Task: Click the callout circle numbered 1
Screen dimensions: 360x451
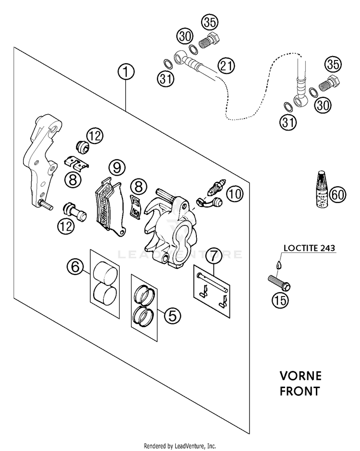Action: click(126, 72)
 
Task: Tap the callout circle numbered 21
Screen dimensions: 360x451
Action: click(226, 66)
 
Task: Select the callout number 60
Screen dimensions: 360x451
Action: click(337, 195)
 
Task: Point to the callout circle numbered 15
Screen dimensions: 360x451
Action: click(280, 300)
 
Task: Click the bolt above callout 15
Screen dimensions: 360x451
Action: click(279, 283)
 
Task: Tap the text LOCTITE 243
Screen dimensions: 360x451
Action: click(309, 248)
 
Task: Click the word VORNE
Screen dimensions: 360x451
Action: click(300, 376)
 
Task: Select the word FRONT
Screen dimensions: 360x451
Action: click(300, 391)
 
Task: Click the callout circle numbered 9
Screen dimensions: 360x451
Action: click(117, 167)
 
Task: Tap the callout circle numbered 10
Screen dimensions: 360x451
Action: click(235, 193)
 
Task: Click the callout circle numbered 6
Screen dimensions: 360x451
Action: click(75, 266)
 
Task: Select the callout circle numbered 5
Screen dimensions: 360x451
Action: click(172, 316)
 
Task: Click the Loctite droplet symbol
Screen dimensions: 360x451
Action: click(278, 264)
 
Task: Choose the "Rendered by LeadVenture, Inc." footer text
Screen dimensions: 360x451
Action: click(180, 446)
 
